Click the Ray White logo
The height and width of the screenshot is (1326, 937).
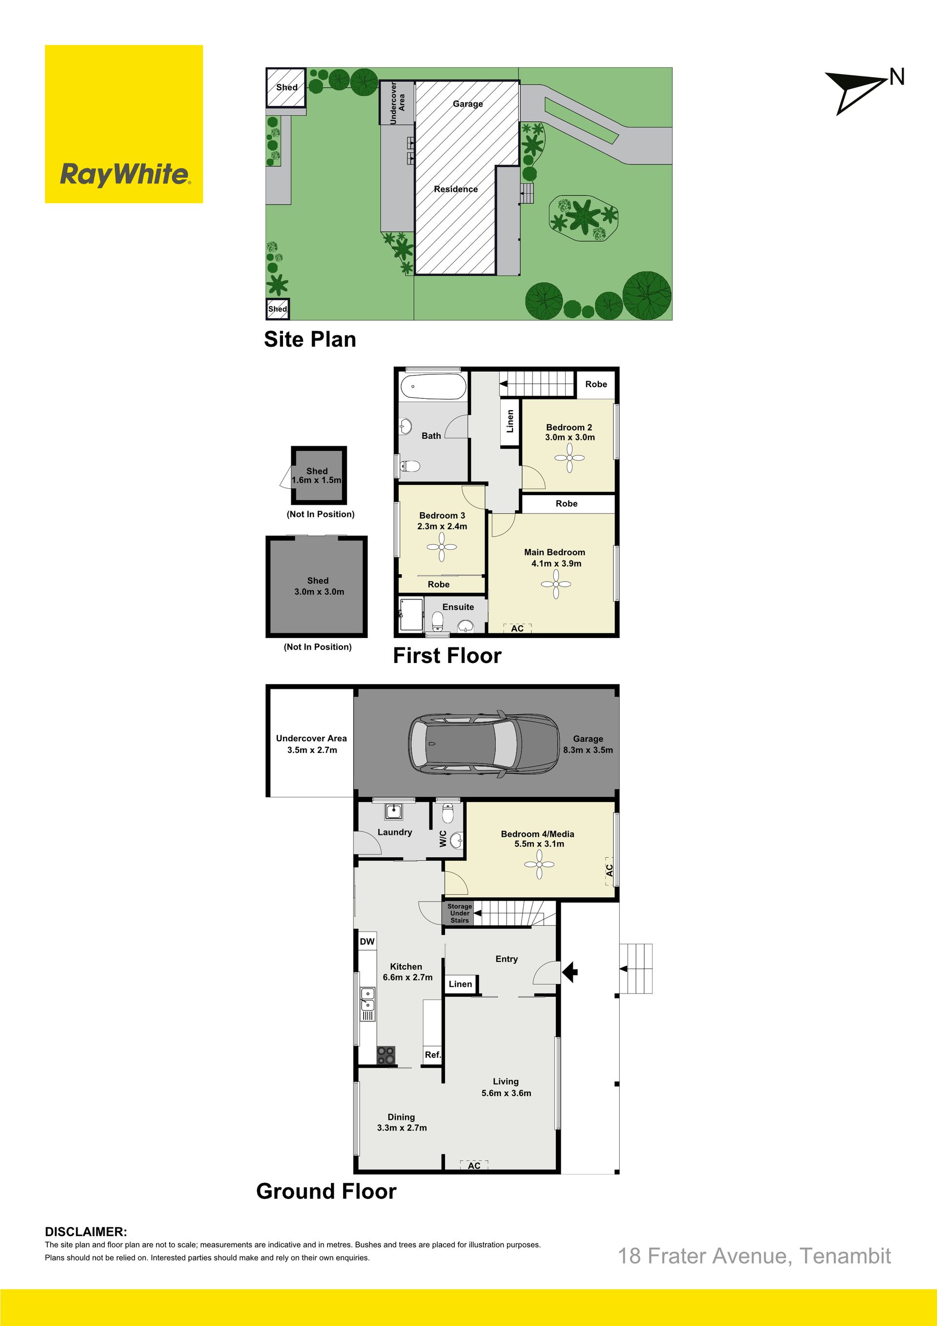click(124, 124)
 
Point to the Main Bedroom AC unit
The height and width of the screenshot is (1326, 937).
click(517, 628)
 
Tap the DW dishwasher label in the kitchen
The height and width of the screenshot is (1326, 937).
click(367, 941)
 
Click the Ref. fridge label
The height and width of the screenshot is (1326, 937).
click(433, 1055)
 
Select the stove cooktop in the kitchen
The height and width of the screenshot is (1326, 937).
click(386, 1055)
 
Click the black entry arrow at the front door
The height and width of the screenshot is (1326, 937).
click(570, 972)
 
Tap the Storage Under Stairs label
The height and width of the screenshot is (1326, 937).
click(460, 913)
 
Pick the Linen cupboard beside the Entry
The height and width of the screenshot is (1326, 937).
click(460, 984)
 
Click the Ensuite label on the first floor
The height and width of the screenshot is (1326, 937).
click(458, 607)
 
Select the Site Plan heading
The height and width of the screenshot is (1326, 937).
click(310, 339)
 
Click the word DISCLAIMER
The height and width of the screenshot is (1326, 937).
click(86, 1232)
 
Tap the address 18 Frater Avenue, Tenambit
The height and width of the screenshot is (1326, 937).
click(754, 1256)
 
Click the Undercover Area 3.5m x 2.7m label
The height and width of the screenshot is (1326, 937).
click(312, 744)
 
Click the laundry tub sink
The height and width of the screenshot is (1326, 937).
click(394, 811)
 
